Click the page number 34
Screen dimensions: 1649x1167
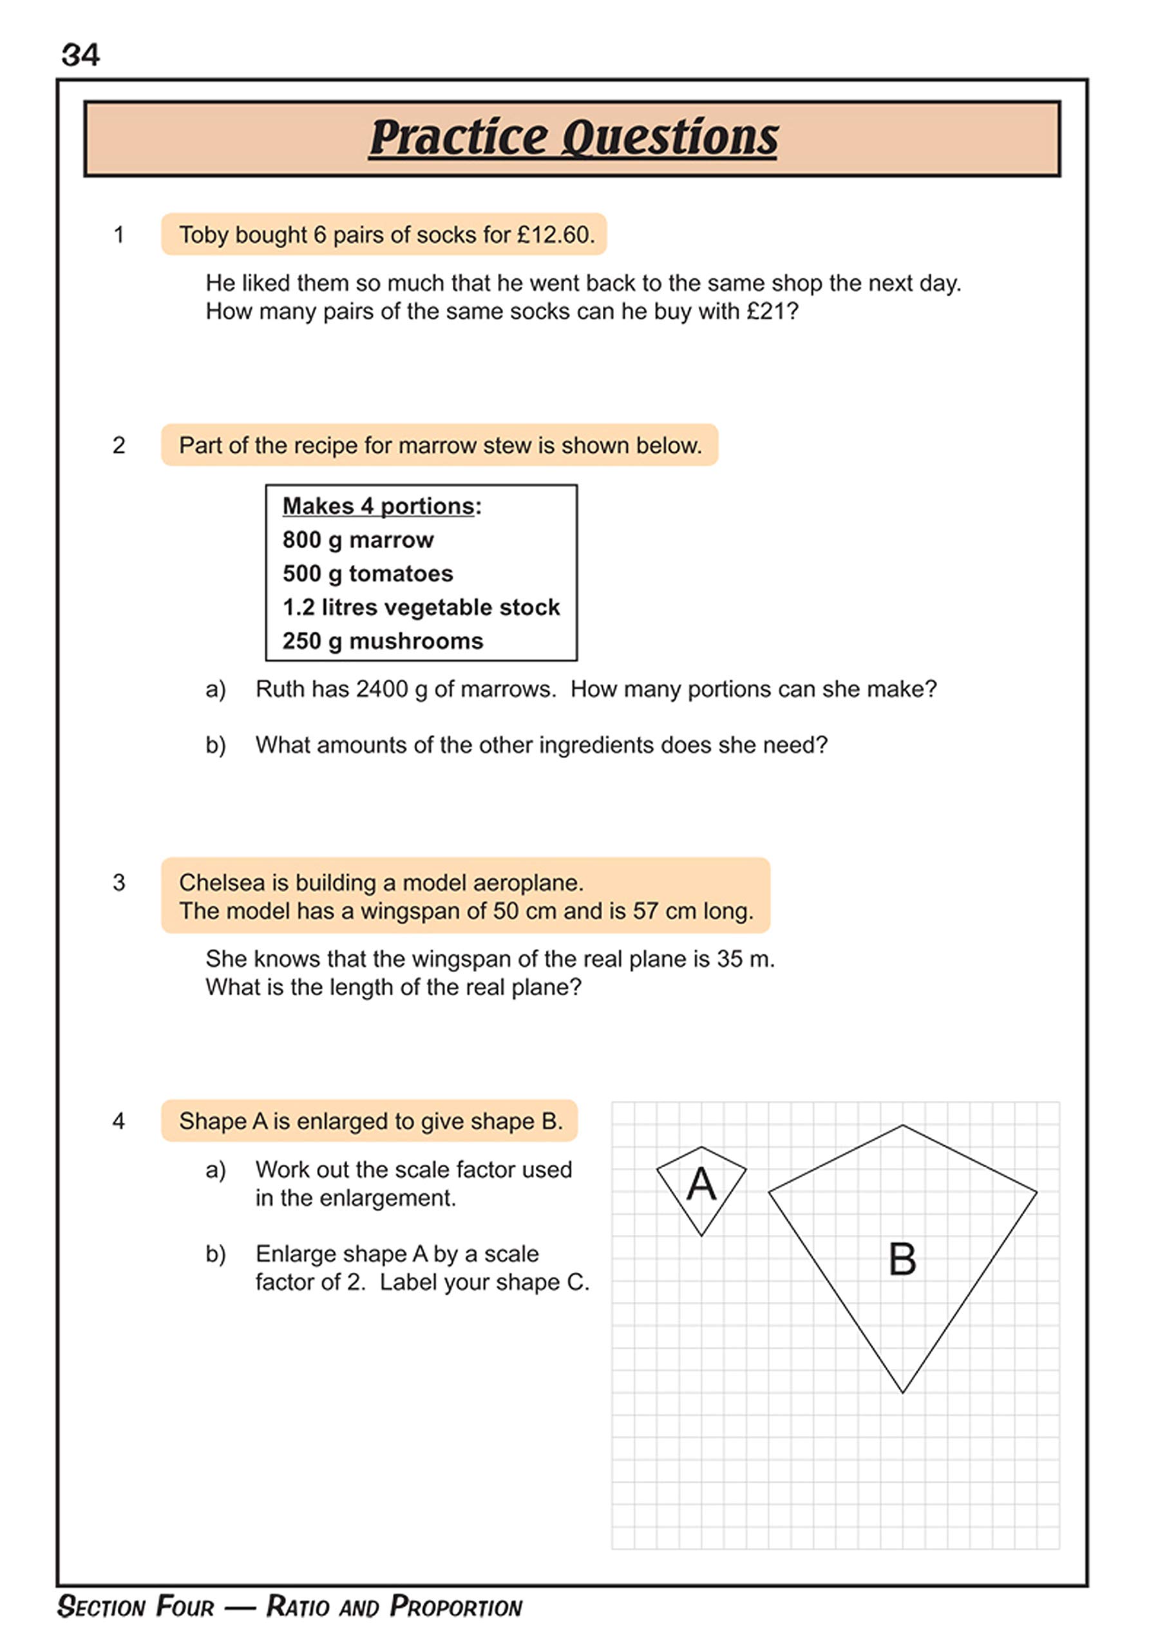click(80, 55)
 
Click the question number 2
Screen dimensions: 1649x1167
click(119, 446)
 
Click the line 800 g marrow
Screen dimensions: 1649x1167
click(358, 540)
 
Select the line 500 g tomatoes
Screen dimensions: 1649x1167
click(367, 573)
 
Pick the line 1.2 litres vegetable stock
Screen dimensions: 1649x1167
click(421, 607)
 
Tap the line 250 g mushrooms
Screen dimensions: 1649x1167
click(383, 641)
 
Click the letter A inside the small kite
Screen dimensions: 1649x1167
click(701, 1184)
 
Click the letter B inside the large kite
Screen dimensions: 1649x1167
click(902, 1259)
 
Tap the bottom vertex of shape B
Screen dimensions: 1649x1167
click(902, 1393)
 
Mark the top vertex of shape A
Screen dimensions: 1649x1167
click(701, 1147)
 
